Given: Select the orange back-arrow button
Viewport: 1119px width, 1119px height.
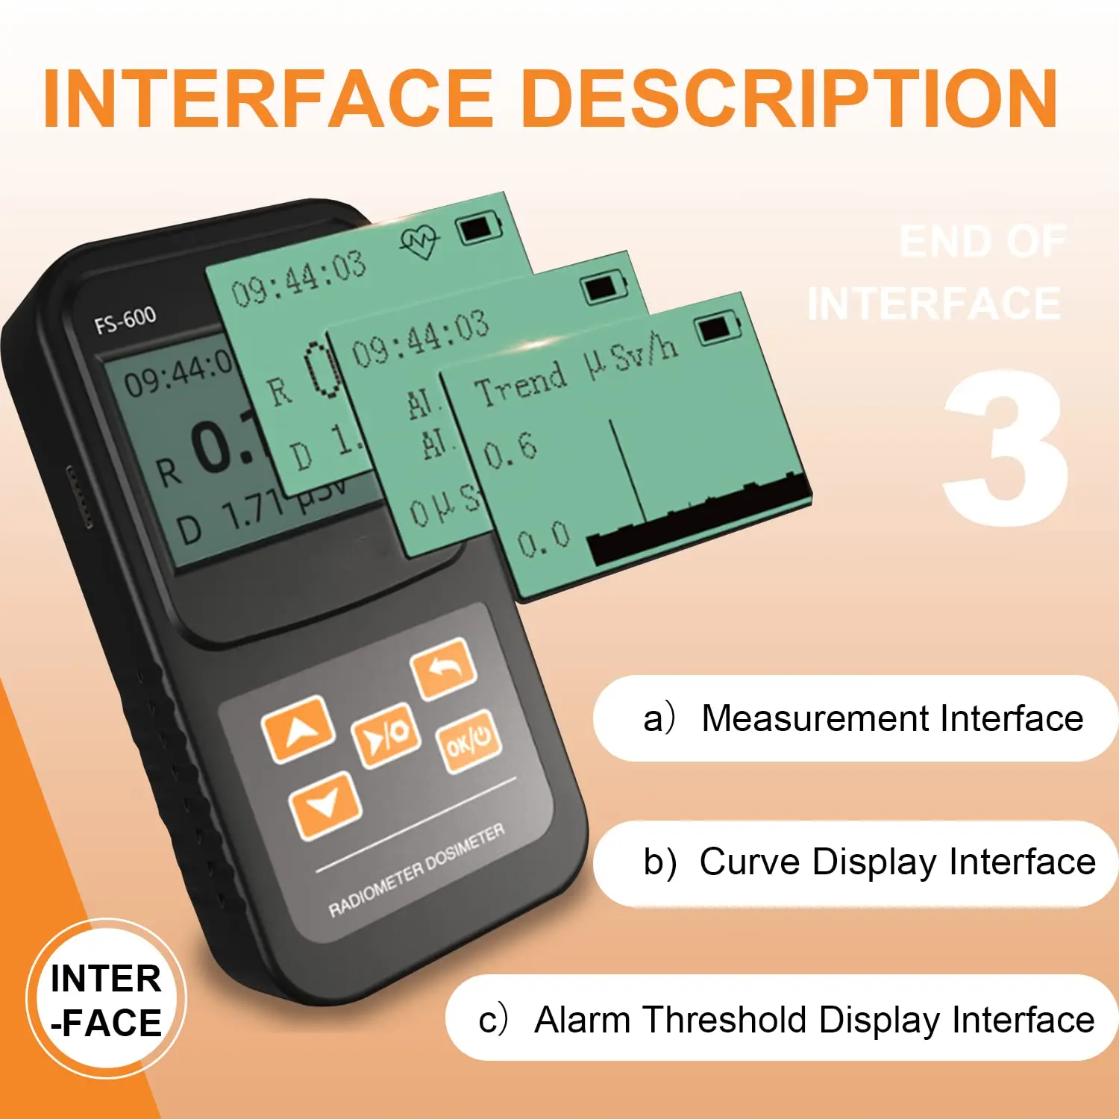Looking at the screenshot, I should [443, 668].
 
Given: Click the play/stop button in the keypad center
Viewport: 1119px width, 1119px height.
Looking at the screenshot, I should [385, 736].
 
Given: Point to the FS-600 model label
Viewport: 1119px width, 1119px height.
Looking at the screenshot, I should [125, 320].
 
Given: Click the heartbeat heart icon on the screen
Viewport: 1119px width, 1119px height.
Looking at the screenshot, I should [419, 240].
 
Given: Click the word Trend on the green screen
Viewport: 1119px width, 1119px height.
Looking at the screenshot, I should [521, 383].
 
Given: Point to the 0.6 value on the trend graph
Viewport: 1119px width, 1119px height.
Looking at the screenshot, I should [509, 449].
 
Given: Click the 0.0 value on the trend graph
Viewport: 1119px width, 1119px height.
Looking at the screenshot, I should [542, 539].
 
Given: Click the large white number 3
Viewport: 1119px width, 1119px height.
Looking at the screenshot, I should [1005, 448].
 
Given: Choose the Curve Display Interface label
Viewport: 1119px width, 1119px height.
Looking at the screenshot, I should [869, 862].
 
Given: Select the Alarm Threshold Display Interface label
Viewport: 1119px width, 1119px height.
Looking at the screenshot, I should [786, 1019].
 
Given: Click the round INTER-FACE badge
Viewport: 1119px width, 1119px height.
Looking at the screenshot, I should [106, 999].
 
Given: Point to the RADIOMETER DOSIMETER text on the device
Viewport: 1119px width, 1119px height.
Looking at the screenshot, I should [416, 871].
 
